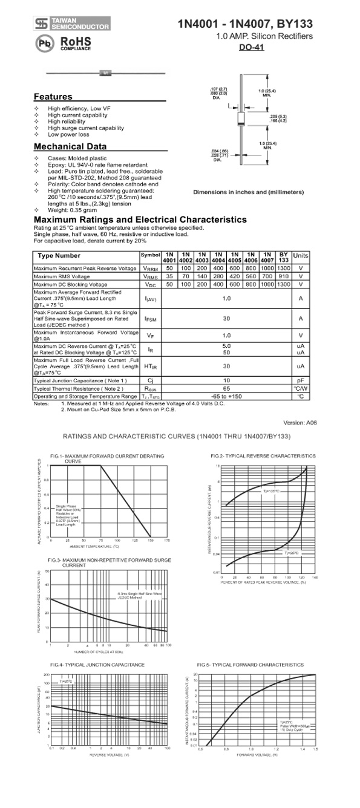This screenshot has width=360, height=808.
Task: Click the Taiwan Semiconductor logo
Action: pos(73,24)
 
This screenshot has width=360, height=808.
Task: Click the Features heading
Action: pos(53,97)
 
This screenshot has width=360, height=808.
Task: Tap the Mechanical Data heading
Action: pos(70,147)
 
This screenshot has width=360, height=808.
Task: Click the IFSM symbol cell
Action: pos(151,318)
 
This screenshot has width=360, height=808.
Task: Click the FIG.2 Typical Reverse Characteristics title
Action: pos(263,455)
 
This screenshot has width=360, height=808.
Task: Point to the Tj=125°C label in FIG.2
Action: pos(271,491)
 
